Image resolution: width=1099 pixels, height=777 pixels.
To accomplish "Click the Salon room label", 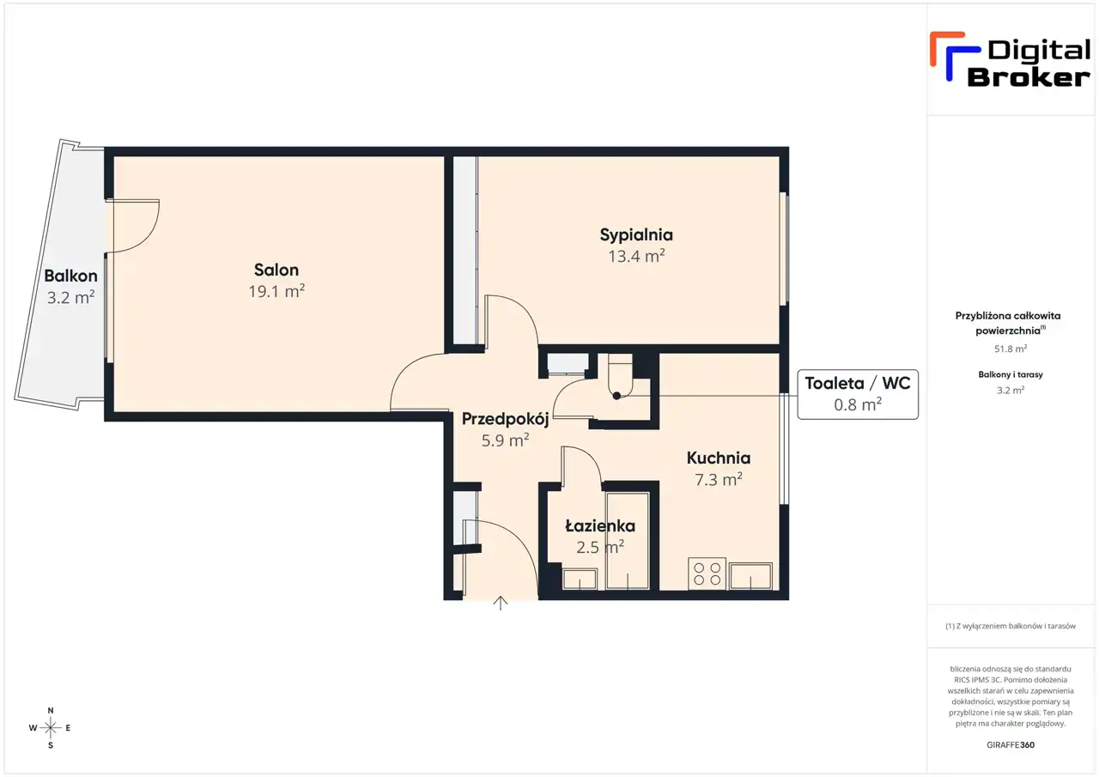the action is point(276,270).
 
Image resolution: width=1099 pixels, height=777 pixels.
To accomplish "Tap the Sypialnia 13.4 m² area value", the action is point(636,256).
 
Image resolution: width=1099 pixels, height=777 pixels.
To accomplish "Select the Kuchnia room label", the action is point(719,458).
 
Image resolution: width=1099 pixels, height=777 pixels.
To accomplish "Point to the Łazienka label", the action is point(600,525).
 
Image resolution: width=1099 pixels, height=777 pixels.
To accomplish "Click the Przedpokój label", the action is point(506,419).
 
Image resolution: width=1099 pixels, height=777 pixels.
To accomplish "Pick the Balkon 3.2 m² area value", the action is point(70,297).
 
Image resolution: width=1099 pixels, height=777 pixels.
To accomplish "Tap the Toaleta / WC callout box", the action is point(858,394).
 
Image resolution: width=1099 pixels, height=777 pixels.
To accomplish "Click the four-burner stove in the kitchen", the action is point(707,574).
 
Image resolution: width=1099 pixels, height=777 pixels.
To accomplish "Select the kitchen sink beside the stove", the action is point(750,576).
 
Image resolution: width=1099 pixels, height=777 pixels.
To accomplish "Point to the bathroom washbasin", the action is point(580,579).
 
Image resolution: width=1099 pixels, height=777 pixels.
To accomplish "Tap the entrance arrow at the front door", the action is point(500,603).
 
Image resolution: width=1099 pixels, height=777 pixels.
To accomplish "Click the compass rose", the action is point(50,728).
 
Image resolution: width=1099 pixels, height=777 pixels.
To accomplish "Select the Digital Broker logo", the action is point(1010,59).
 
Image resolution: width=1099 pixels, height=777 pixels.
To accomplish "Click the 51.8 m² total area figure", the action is point(1011,349).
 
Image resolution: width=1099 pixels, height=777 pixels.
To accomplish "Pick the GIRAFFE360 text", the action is point(1011,744).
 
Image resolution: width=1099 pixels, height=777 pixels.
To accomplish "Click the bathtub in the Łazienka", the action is point(628,541).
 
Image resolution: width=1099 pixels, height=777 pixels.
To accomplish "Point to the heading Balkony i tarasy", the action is point(1011,374).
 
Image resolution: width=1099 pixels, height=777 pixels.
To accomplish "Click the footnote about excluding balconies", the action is point(1011,626).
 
